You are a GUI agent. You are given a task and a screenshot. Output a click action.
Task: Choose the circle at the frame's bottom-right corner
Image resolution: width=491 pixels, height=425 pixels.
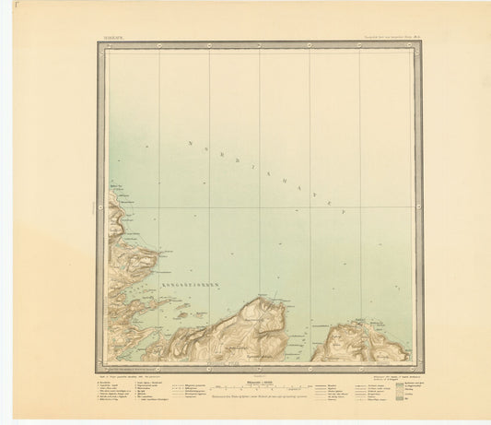coord(418,365)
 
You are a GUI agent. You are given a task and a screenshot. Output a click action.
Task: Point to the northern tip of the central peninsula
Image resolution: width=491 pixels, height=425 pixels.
coord(264,300)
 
